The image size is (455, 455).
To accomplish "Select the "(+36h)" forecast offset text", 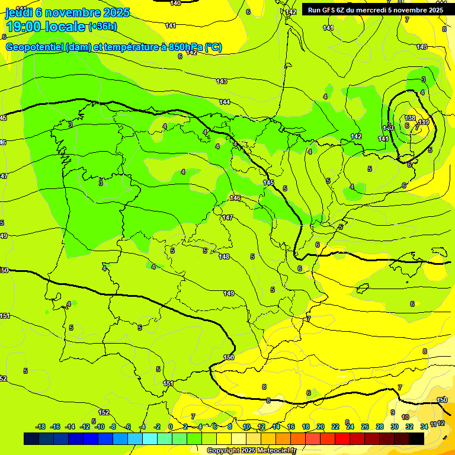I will point(102,27).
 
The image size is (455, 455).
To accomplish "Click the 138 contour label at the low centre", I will point(411,118).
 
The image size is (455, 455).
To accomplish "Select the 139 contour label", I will point(424,122).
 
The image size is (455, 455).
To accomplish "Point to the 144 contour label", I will point(225,102).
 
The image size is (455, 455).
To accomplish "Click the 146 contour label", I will point(235,198).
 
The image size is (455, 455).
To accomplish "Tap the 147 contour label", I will point(227,218).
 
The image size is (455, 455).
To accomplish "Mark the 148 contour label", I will point(223,257).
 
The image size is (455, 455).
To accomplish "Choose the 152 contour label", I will point(104,412).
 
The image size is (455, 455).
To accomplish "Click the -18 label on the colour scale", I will point(40,427).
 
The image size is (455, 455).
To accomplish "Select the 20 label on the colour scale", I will point(320,427).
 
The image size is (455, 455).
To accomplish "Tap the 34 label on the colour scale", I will point(424,427).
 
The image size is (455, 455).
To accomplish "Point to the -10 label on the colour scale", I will point(100,427).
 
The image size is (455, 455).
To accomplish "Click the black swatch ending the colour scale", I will point(416,438).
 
